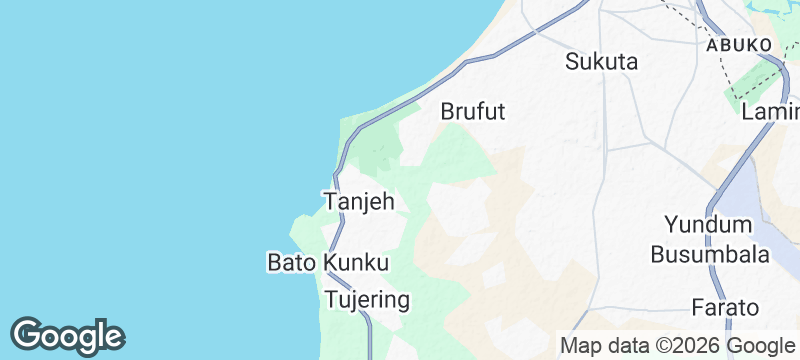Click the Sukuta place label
click(601, 61)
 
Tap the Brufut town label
click(473, 112)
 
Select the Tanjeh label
click(359, 202)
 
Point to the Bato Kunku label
click(327, 263)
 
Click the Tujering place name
click(367, 300)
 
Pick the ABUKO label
click(738, 46)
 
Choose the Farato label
click(725, 307)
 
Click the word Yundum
click(711, 224)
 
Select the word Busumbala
click(710, 255)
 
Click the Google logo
click(67, 335)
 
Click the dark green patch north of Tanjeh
click(378, 155)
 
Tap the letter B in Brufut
click(447, 112)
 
